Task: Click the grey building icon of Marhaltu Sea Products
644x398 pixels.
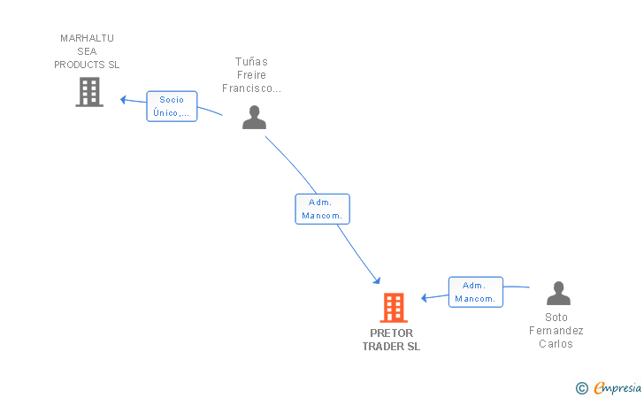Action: (x=88, y=92)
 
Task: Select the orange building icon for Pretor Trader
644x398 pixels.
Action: (x=393, y=308)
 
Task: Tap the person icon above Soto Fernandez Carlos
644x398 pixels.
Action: (x=558, y=294)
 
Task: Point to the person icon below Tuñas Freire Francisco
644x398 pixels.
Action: (x=254, y=118)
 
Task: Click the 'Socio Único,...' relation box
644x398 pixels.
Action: (x=172, y=106)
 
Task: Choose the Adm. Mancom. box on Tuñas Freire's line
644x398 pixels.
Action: (x=322, y=209)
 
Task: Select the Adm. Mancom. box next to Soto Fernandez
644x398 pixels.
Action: (x=475, y=292)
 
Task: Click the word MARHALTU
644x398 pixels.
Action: (x=87, y=38)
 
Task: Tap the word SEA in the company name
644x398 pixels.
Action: (x=87, y=51)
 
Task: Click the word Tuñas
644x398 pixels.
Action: (x=251, y=62)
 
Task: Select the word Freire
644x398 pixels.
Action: (x=251, y=75)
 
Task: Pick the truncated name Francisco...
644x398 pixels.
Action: (x=251, y=88)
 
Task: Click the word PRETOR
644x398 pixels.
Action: (x=391, y=333)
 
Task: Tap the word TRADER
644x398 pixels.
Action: (x=384, y=347)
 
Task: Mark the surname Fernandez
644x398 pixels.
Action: (x=556, y=331)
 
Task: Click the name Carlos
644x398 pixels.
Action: (x=556, y=344)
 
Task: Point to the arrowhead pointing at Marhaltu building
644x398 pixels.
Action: (x=125, y=98)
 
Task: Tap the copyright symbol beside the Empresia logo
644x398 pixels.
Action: (x=581, y=387)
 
